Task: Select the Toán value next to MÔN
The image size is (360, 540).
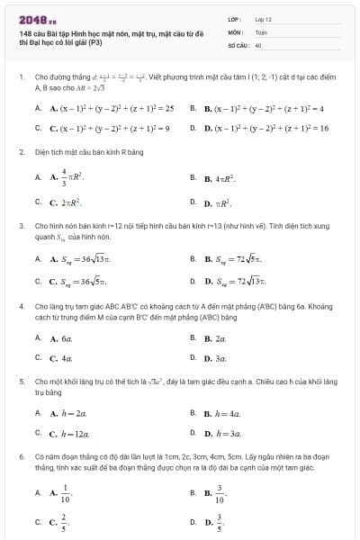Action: [x=261, y=31]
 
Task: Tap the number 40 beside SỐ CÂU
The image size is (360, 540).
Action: [x=258, y=44]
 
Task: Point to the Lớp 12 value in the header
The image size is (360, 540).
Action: [x=263, y=19]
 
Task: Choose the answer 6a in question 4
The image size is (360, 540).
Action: [x=67, y=338]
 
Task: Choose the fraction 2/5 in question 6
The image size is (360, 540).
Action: [x=64, y=520]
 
